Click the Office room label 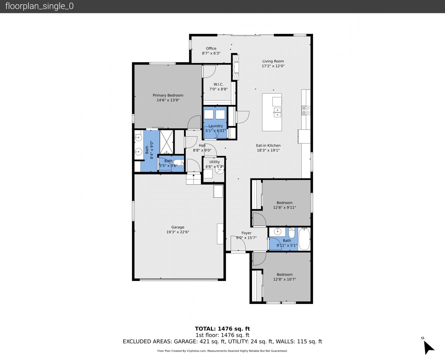pyautogui.click(x=211, y=48)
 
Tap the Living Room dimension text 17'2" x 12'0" pyautogui.click(x=273, y=66)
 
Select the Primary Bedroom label pyautogui.click(x=168, y=95)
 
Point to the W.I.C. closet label pyautogui.click(x=218, y=84)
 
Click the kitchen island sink pyautogui.click(x=277, y=112)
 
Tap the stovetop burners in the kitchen pyautogui.click(x=306, y=110)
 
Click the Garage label pyautogui.click(x=178, y=227)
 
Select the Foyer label pyautogui.click(x=246, y=233)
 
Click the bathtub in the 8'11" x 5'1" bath pyautogui.click(x=304, y=239)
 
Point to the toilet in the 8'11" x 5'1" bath pyautogui.click(x=292, y=233)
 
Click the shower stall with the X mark pyautogui.click(x=167, y=142)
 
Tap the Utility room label pyautogui.click(x=215, y=162)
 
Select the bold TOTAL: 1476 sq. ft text pyautogui.click(x=223, y=329)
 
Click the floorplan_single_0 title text pyautogui.click(x=39, y=6)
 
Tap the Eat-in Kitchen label pyautogui.click(x=268, y=145)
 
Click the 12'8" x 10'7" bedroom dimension pyautogui.click(x=285, y=279)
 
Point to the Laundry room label pyautogui.click(x=216, y=126)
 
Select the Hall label pyautogui.click(x=202, y=145)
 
